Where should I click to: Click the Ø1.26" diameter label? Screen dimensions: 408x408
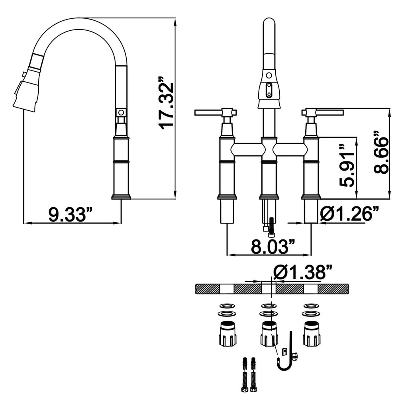click(x=349, y=214)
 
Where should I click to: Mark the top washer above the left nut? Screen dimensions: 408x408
click(x=228, y=306)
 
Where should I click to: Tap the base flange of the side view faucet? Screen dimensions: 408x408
click(x=121, y=197)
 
